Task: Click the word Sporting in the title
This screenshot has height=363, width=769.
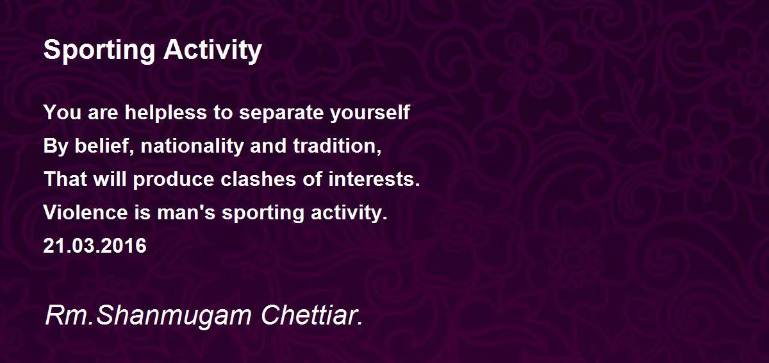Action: coord(99,51)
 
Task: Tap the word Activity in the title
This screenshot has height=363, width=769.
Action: coord(213,51)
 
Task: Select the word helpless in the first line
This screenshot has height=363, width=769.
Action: coord(166,112)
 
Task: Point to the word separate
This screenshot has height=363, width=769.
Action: coord(281,113)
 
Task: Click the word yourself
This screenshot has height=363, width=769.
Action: coord(370,112)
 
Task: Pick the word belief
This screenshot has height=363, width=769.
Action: coord(104,146)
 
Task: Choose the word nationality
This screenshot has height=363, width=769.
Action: coord(192,146)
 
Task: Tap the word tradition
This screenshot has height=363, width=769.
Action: coord(337,146)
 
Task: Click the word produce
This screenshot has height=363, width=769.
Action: coord(174,180)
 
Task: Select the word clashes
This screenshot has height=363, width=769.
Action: coord(258,180)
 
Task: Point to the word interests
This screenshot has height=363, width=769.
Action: coord(374,180)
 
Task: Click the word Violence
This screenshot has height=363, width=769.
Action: coord(86,212)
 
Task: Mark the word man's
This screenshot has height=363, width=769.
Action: coord(186,212)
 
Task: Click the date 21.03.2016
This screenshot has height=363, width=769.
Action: coord(95,246)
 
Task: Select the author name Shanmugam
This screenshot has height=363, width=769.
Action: coord(174,316)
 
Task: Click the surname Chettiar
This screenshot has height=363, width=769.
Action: coord(311,315)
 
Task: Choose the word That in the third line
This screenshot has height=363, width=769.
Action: coord(65,180)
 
